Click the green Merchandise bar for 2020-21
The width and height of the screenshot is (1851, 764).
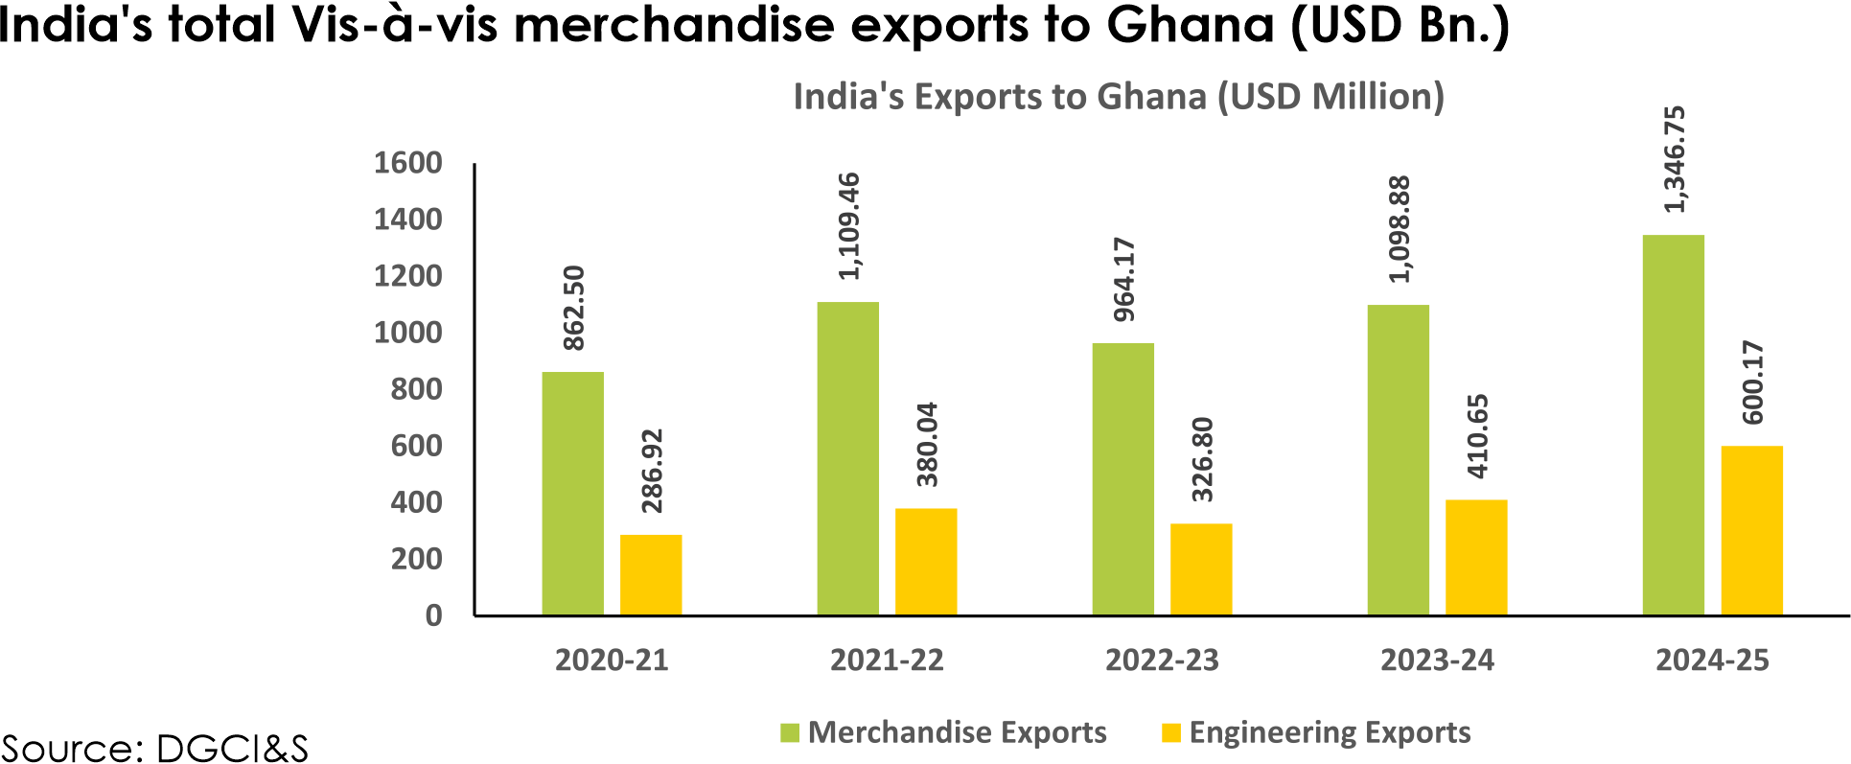pyautogui.click(x=572, y=493)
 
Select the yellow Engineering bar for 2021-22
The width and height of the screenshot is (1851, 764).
pyautogui.click(x=926, y=561)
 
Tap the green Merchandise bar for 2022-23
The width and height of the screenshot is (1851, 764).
pyautogui.click(x=1122, y=478)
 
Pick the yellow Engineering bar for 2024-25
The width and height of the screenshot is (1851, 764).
pyautogui.click(x=1751, y=530)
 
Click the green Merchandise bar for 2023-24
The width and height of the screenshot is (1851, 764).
pyautogui.click(x=1398, y=459)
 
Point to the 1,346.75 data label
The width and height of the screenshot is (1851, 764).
pyautogui.click(x=1675, y=159)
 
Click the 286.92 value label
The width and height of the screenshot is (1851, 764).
pyautogui.click(x=652, y=471)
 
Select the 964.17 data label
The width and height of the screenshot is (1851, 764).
pyautogui.click(x=1123, y=279)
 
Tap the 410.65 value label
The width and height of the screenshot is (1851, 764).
pyautogui.click(x=1477, y=436)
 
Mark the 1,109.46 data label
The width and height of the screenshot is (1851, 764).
pyautogui.click(x=848, y=226)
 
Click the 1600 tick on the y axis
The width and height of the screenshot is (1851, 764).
pyautogui.click(x=407, y=163)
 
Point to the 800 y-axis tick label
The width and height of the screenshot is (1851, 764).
pyautogui.click(x=416, y=389)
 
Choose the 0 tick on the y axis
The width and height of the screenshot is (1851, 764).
pyautogui.click(x=433, y=615)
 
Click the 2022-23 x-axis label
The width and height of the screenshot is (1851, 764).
pyautogui.click(x=1162, y=660)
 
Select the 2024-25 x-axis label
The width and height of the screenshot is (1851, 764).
pyautogui.click(x=1712, y=660)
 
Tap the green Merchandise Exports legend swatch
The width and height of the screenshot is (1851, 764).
pyautogui.click(x=789, y=733)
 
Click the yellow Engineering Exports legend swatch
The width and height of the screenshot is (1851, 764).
pyautogui.click(x=1170, y=733)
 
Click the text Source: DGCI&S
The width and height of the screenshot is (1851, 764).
pyautogui.click(x=154, y=748)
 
